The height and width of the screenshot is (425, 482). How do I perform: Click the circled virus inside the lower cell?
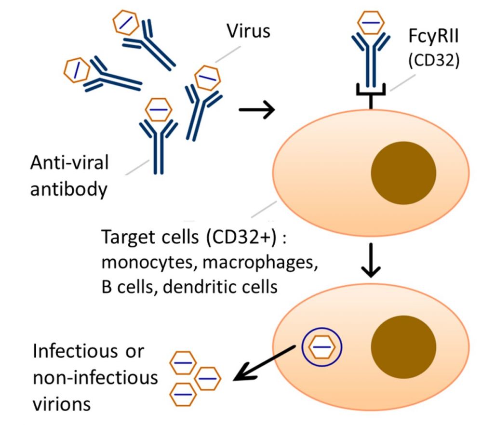[321, 347]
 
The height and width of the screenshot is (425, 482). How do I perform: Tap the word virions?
[61, 403]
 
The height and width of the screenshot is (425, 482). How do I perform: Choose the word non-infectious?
[95, 377]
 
